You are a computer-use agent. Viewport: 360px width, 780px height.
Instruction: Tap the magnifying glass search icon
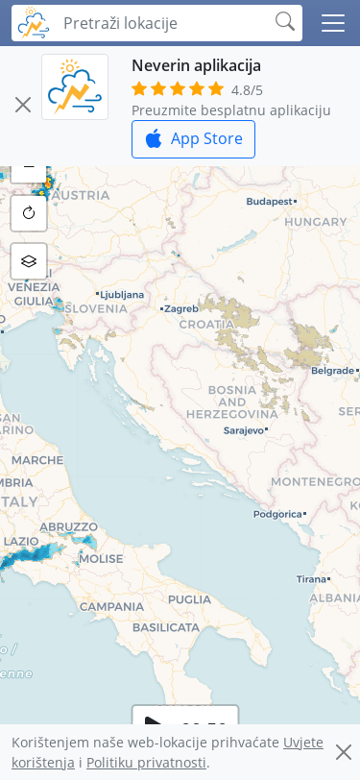[285, 22]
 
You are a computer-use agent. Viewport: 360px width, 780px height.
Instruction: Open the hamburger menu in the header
[333, 23]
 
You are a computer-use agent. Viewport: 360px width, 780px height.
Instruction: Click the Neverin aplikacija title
[196, 65]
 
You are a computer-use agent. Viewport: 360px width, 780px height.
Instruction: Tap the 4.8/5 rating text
[247, 90]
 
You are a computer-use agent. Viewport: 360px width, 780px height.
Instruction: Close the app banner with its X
[23, 105]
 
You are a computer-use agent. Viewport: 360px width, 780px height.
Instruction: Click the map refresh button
[29, 213]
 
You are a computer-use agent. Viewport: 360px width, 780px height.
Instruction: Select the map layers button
[29, 260]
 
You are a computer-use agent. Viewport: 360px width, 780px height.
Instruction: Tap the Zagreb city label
[181, 309]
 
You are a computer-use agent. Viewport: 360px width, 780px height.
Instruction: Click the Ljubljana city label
[122, 295]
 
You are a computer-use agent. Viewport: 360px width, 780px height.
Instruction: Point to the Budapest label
[269, 202]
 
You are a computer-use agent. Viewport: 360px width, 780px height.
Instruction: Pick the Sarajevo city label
[242, 430]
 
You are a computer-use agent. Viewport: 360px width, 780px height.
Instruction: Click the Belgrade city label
[332, 370]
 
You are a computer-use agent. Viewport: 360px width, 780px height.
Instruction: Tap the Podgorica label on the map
[276, 514]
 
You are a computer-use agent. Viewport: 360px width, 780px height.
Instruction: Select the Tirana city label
[311, 579]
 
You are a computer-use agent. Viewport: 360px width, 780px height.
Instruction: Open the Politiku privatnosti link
[146, 762]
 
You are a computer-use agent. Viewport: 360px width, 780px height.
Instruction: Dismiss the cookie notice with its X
[343, 752]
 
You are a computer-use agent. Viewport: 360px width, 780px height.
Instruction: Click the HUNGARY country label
[315, 221]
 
